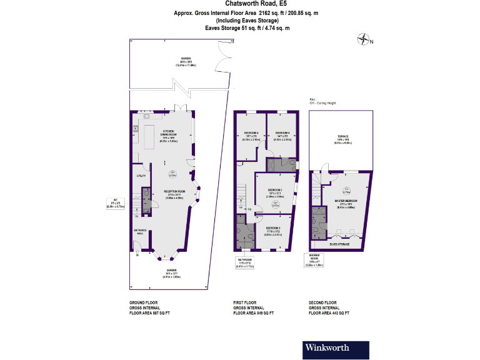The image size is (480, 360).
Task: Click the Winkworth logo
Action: [x=326, y=347]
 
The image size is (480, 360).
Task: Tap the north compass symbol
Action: [x=364, y=41]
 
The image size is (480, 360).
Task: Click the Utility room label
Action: [x=141, y=176]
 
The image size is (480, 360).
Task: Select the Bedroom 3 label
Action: [x=273, y=229]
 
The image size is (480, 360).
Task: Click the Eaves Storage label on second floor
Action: [x=339, y=244]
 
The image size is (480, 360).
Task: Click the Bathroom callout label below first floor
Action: [x=244, y=261]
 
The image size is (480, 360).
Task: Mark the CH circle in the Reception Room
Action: [x=172, y=174]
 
